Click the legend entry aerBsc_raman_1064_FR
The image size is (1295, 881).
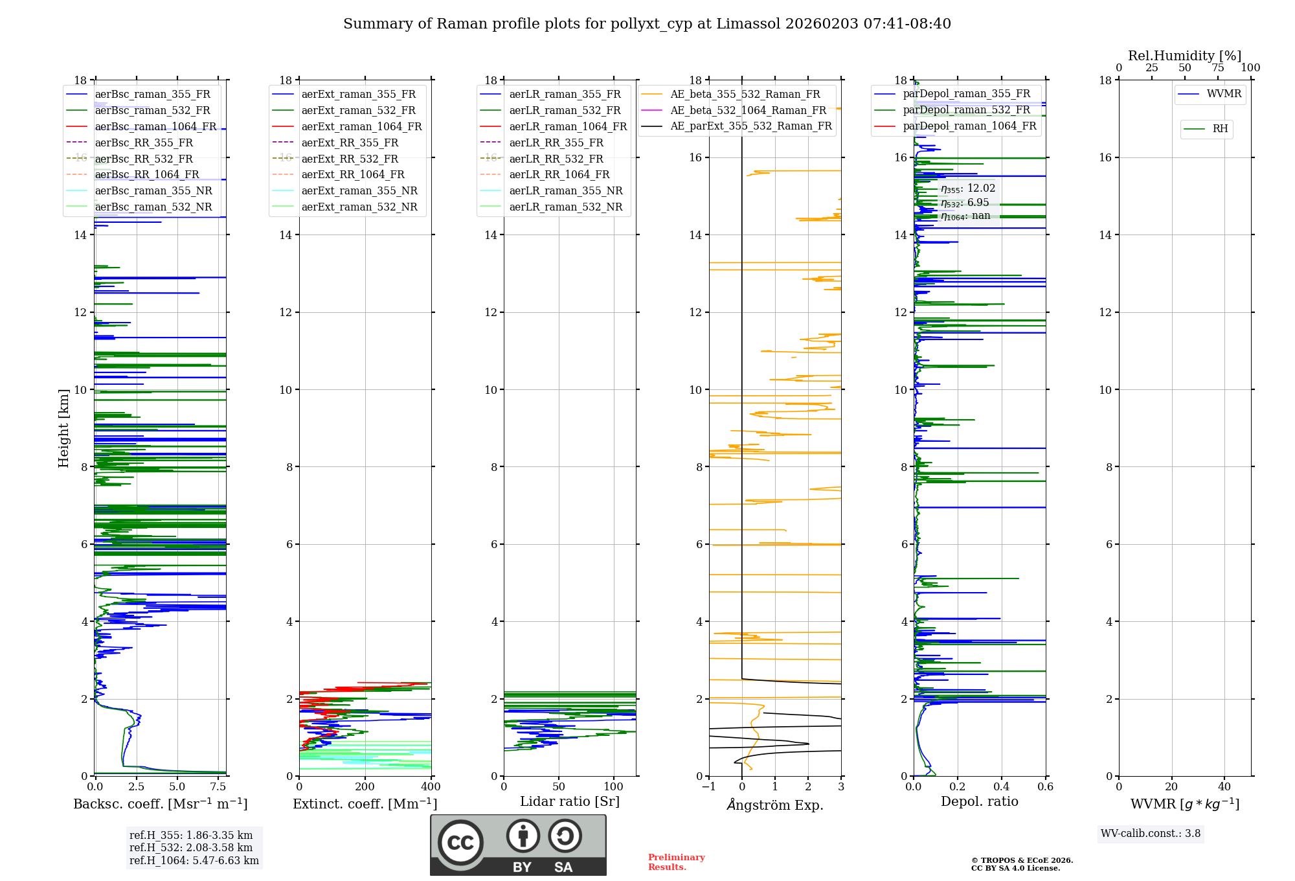tap(155, 126)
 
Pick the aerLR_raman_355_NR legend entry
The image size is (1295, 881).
tap(565, 190)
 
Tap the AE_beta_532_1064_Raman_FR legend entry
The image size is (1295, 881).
tap(748, 110)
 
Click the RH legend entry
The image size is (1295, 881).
tap(1220, 129)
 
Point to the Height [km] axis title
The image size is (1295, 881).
tap(63, 428)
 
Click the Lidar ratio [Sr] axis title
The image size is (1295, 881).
tap(570, 801)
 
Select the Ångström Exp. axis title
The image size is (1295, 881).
tap(775, 805)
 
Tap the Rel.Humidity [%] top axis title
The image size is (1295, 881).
tap(1184, 56)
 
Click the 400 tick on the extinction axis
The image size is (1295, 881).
tap(431, 786)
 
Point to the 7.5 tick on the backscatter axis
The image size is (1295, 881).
tap(218, 786)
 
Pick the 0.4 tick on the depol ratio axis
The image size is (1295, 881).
tap(1001, 786)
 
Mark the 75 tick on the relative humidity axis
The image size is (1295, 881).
tap(1218, 67)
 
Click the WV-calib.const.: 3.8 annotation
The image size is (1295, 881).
tap(1150, 833)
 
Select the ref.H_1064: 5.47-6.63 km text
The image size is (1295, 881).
tap(194, 860)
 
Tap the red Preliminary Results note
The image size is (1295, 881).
tap(676, 862)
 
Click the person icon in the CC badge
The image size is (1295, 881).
tap(523, 836)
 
